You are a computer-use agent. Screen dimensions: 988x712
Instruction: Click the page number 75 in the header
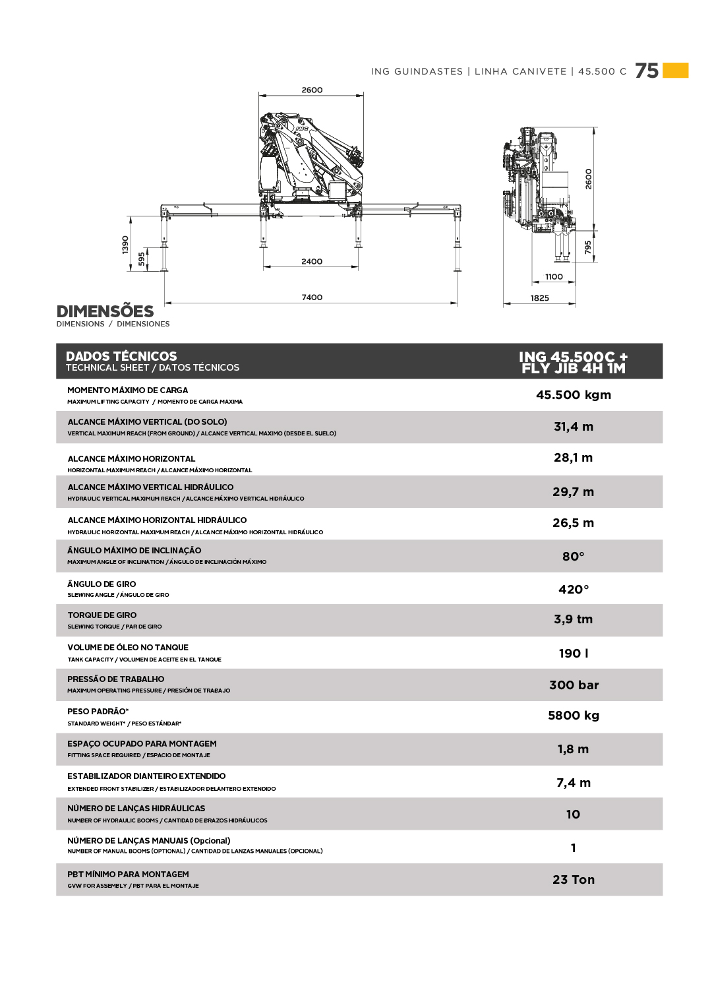pyautogui.click(x=647, y=71)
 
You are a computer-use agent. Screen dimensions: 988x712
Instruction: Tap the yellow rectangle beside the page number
pyautogui.click(x=676, y=71)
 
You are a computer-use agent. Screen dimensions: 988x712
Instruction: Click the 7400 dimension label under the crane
pyautogui.click(x=312, y=297)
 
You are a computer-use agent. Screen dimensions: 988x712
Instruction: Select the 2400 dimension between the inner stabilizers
pyautogui.click(x=312, y=262)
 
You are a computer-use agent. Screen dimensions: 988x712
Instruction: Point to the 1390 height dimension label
pyautogui.click(x=125, y=245)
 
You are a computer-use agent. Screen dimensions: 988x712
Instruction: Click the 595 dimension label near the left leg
pyautogui.click(x=141, y=259)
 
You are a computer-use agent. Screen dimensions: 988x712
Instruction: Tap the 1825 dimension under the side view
pyautogui.click(x=539, y=298)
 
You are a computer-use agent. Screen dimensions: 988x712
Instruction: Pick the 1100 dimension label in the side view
pyautogui.click(x=554, y=277)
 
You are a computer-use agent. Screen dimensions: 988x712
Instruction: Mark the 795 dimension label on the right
pyautogui.click(x=588, y=247)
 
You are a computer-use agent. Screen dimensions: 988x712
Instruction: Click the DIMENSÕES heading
pyautogui.click(x=105, y=311)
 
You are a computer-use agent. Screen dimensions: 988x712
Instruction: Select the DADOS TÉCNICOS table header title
pyautogui.click(x=121, y=356)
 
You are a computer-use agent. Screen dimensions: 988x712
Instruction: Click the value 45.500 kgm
pyautogui.click(x=574, y=395)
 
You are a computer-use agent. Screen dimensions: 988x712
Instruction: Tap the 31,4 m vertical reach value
pyautogui.click(x=574, y=427)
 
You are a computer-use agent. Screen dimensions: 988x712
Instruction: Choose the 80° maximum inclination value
pyautogui.click(x=574, y=557)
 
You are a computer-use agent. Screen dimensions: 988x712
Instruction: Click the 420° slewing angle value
pyautogui.click(x=574, y=590)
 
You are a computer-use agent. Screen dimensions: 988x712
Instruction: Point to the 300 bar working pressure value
pyautogui.click(x=574, y=685)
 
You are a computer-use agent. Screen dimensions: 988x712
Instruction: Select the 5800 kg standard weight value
pyautogui.click(x=574, y=716)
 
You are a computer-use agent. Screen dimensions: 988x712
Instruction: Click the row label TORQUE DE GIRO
pyautogui.click(x=102, y=615)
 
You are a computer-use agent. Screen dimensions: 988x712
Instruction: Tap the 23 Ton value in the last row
pyautogui.click(x=574, y=880)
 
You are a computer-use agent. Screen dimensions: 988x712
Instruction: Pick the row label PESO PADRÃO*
pyautogui.click(x=98, y=712)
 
